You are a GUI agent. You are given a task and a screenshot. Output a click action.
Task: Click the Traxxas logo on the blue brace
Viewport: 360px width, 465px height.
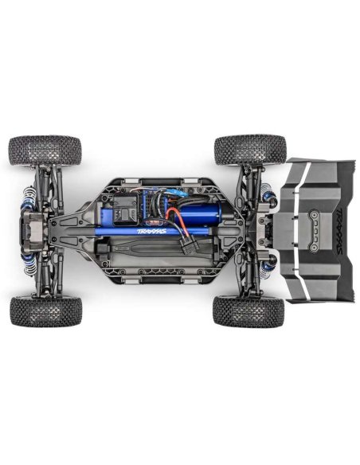(152, 232)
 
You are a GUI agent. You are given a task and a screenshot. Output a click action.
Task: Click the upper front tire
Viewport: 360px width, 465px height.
(45, 150)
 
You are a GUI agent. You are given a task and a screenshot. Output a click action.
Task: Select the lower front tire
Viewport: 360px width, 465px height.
(45, 311)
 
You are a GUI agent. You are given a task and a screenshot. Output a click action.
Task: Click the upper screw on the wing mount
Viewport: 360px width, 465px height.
(312, 213)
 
